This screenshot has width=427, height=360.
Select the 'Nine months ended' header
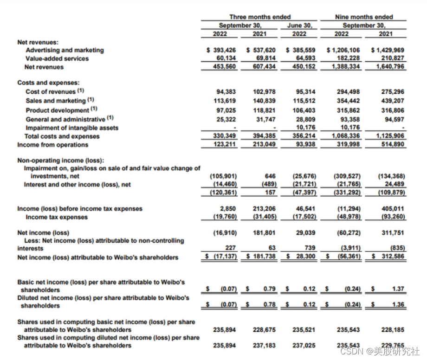363,17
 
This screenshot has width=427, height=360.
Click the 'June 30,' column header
300,26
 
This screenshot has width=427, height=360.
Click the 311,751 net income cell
392,232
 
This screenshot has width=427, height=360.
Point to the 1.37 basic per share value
398,289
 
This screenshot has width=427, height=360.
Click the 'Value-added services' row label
57,58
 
